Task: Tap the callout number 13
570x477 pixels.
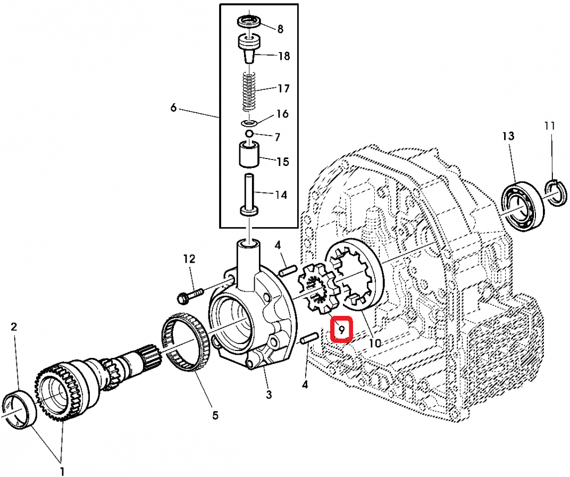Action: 508,137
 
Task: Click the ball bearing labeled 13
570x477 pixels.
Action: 522,206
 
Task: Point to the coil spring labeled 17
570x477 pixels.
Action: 249,91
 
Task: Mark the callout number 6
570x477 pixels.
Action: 173,108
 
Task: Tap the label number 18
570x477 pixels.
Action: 284,56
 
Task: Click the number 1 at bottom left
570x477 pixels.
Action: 62,471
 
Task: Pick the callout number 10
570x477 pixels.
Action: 375,343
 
